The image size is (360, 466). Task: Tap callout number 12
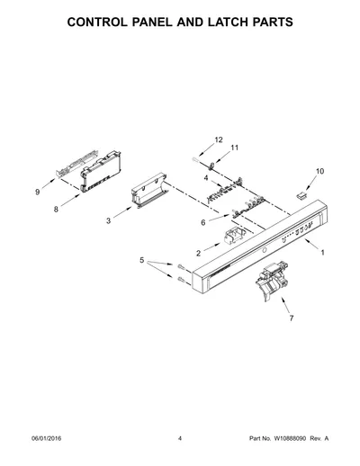coord(219,139)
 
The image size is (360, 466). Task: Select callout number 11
coord(234,148)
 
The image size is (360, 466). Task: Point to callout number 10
coord(319,171)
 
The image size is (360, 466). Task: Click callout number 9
coord(38,192)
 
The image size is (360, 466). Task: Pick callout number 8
coord(56,210)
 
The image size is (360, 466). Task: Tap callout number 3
coord(108,221)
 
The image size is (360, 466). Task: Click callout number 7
coord(292,318)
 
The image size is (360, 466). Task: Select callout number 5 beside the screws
coord(142,260)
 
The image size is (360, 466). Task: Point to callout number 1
coord(322,253)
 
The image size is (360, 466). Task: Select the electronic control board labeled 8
coord(102,172)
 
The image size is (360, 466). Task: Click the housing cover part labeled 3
coord(149,191)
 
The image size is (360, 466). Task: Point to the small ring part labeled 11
coord(211,165)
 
